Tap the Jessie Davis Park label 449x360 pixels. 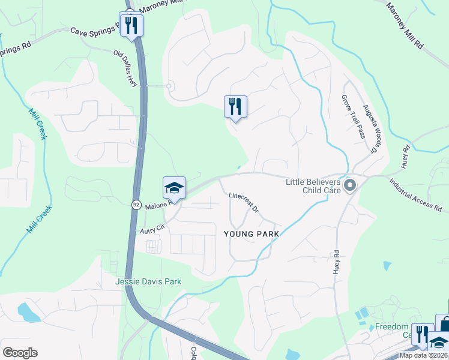[x=148, y=281]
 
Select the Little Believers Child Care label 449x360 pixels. [x=313, y=186]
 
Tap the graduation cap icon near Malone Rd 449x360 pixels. [x=174, y=188]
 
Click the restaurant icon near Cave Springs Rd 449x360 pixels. [x=131, y=25]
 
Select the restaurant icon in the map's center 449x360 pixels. [x=235, y=107]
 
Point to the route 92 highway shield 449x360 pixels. [x=136, y=205]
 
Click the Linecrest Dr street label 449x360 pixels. [x=243, y=203]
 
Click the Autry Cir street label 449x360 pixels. [x=152, y=229]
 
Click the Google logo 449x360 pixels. [x=20, y=352]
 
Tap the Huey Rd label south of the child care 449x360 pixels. [x=336, y=262]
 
